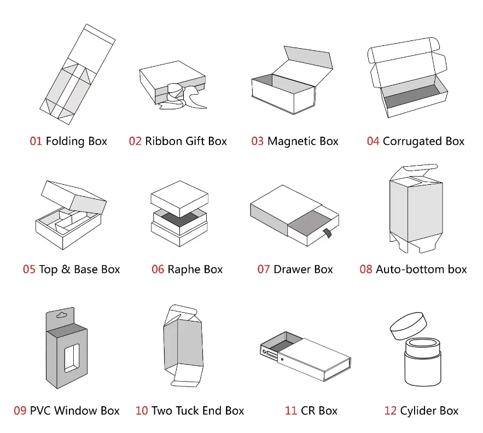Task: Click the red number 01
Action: tap(36, 142)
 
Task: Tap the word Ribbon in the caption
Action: tap(164, 142)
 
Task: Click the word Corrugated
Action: tap(412, 142)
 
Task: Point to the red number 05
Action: tap(29, 270)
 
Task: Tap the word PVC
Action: tap(40, 411)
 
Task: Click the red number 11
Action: tap(291, 411)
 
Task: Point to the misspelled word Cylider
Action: tap(418, 411)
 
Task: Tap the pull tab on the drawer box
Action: tap(328, 233)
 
